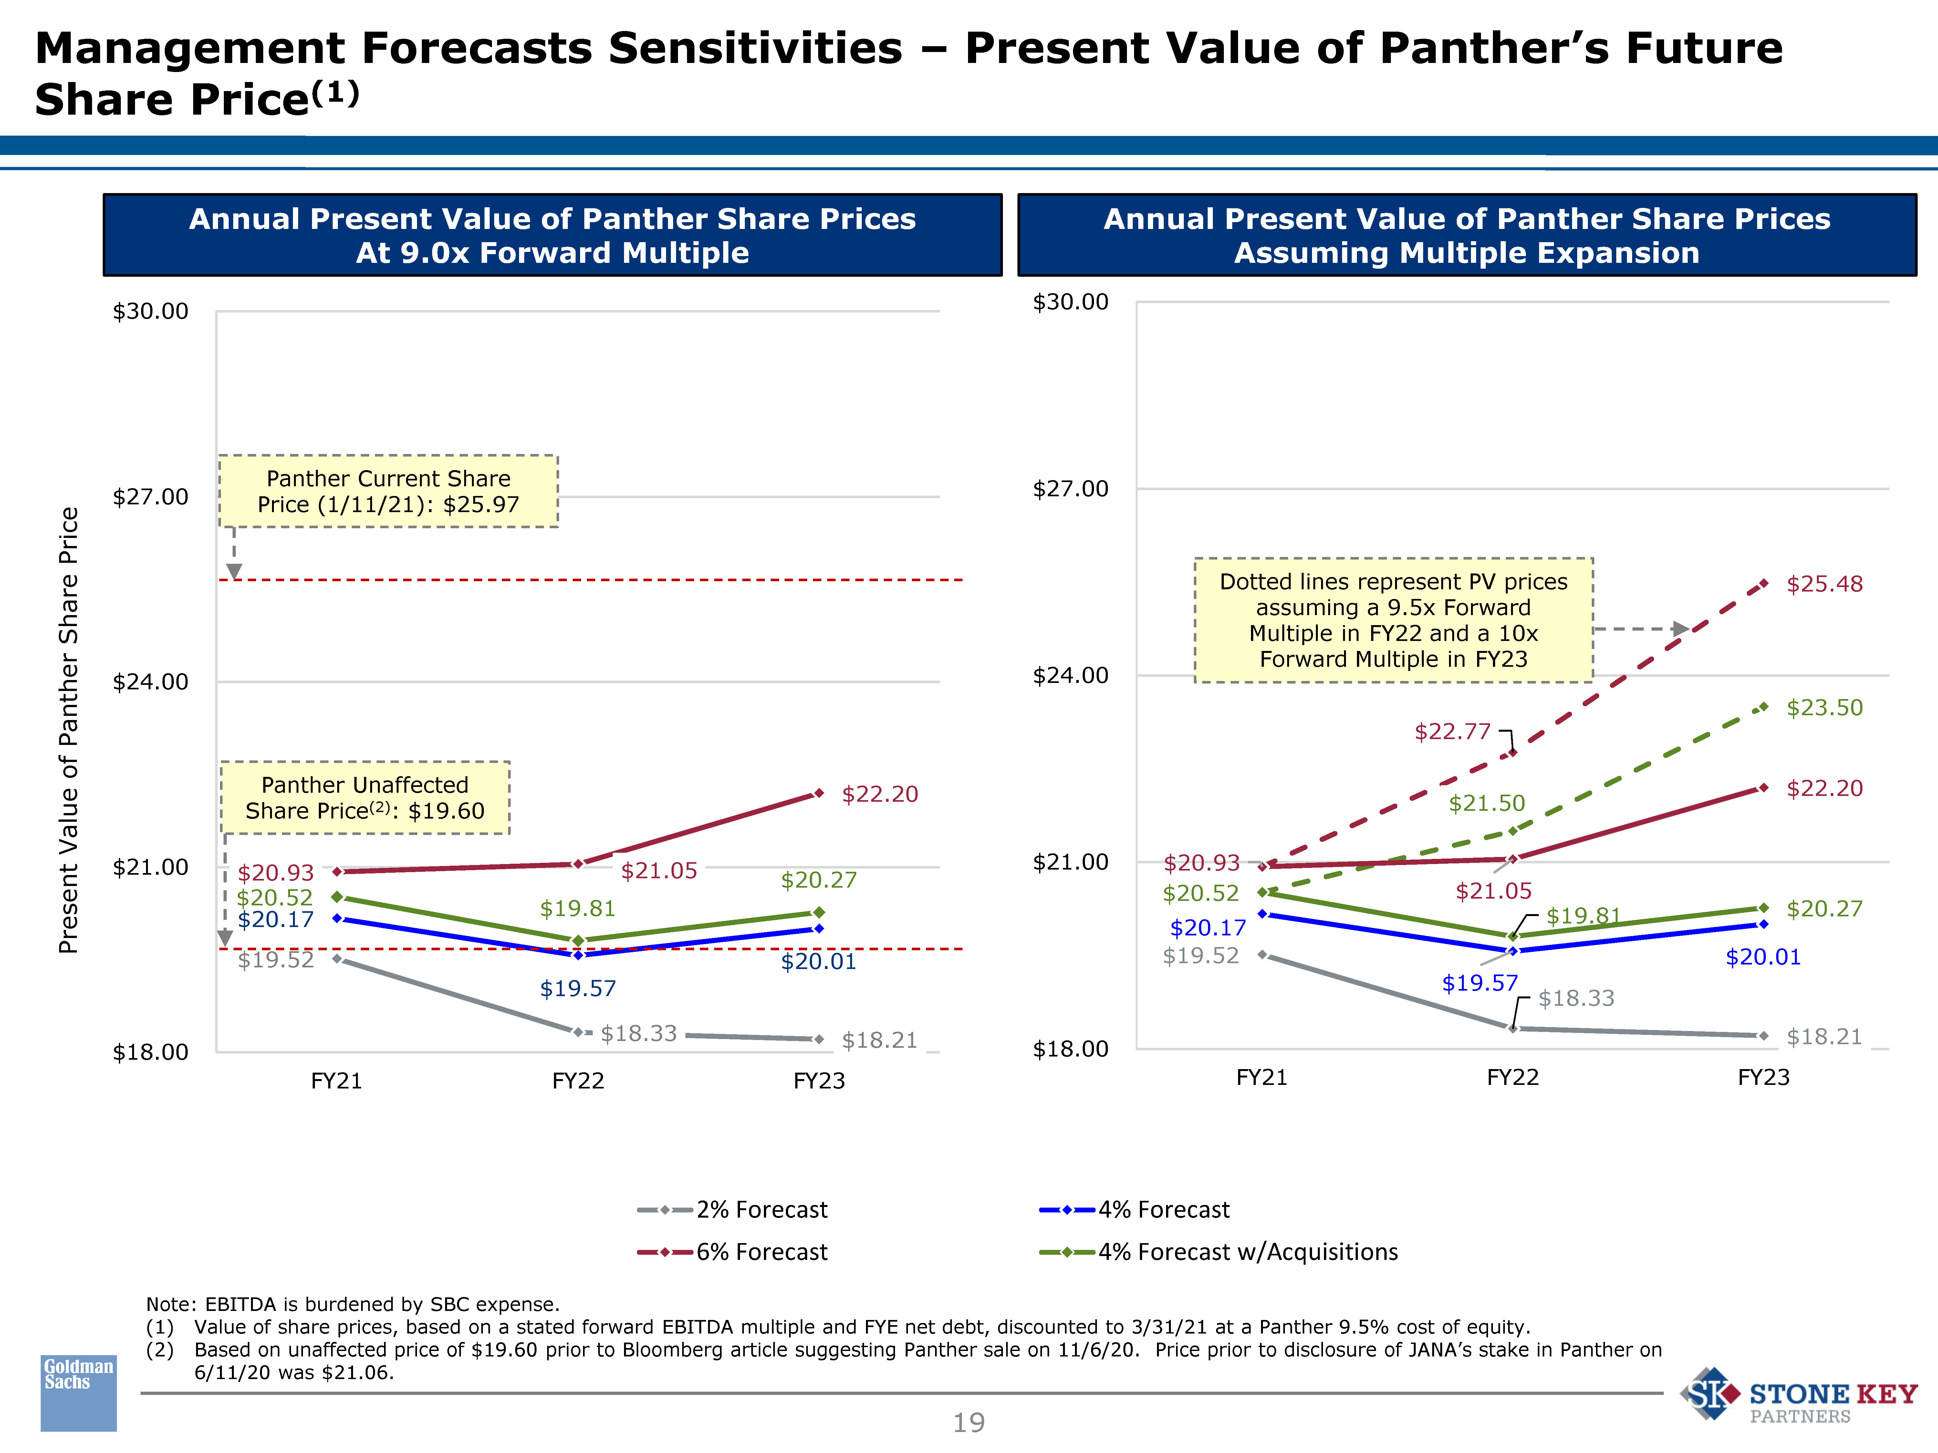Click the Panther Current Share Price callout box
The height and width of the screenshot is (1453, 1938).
(x=388, y=491)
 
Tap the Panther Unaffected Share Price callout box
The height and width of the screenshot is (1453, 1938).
(x=364, y=798)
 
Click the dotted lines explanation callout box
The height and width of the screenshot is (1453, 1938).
(x=1393, y=620)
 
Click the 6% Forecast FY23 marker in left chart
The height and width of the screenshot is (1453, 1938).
(x=818, y=794)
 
